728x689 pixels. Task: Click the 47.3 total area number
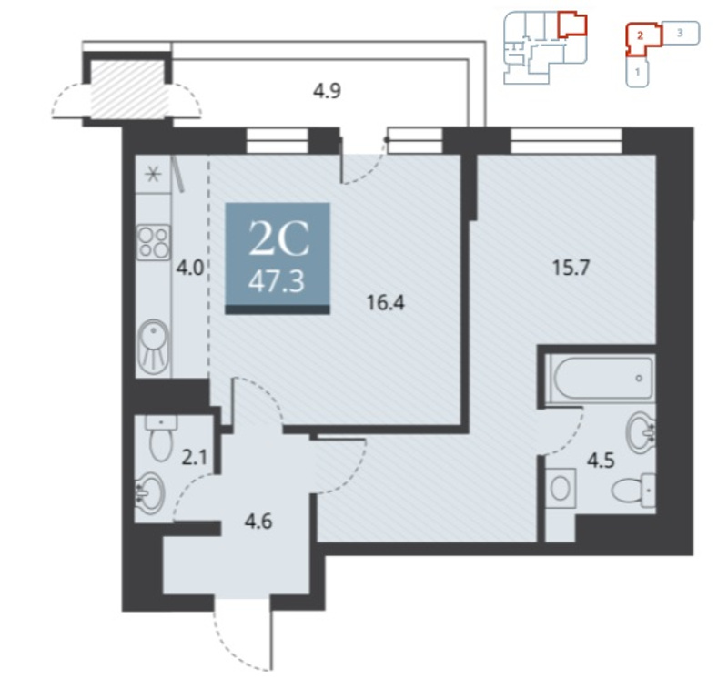(277, 281)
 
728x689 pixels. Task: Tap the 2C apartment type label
(278, 238)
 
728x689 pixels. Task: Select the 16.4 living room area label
(385, 303)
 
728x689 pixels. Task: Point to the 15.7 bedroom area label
(571, 268)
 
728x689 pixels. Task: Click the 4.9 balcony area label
(327, 90)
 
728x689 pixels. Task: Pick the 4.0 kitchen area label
(190, 268)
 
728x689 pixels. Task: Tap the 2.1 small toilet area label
(194, 458)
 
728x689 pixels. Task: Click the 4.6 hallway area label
(258, 522)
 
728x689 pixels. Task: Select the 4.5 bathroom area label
(601, 461)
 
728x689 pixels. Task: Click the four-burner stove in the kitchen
(154, 242)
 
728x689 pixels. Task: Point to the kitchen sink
(154, 347)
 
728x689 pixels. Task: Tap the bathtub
(600, 379)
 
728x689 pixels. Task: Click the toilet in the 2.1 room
(161, 438)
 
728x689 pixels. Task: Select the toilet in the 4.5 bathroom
(633, 491)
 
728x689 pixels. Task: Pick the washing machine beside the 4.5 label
(561, 489)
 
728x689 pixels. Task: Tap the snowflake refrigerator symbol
(153, 175)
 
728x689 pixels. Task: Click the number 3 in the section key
(680, 33)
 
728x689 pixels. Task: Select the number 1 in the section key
(638, 72)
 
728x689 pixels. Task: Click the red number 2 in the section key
(640, 35)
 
